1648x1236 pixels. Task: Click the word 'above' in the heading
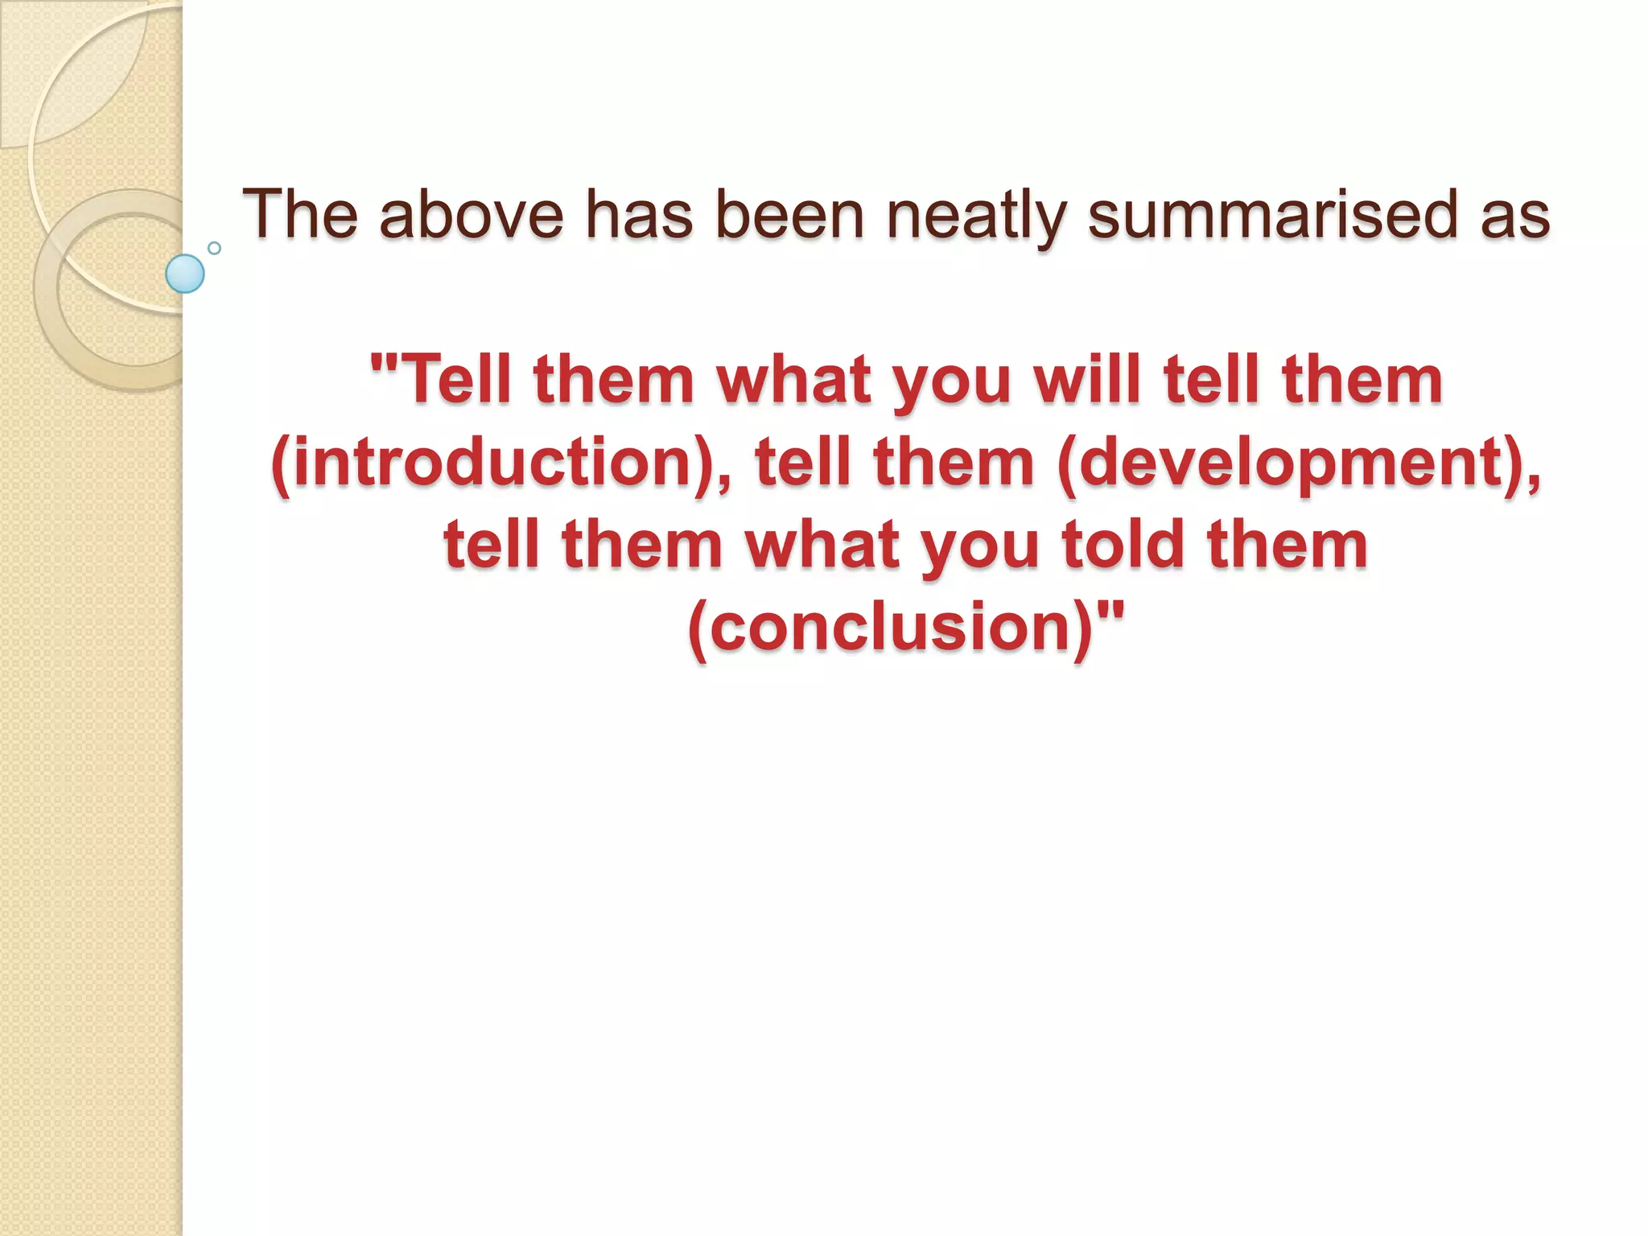pos(472,215)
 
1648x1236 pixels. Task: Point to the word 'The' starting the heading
pos(299,215)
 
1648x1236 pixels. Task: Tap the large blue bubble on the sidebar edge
pos(185,274)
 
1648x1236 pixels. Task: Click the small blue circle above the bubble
pos(214,248)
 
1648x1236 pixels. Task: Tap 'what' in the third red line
pos(822,544)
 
